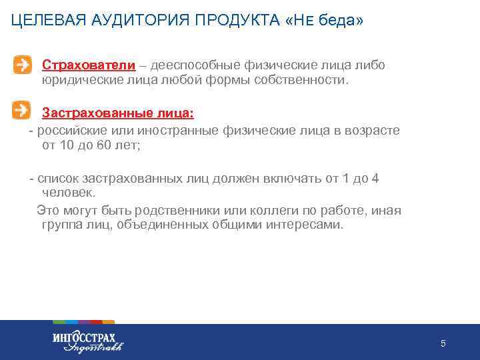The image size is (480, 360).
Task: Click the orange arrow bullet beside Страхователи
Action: tap(22, 65)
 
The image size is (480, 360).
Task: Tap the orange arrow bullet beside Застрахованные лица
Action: tap(22, 109)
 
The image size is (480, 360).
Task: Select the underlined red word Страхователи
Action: tap(89, 65)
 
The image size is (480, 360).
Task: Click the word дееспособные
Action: tap(193, 65)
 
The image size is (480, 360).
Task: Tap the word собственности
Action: tap(305, 80)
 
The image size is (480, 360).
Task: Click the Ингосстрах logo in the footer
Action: tap(87, 341)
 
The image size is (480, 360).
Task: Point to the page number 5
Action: tap(443, 343)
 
